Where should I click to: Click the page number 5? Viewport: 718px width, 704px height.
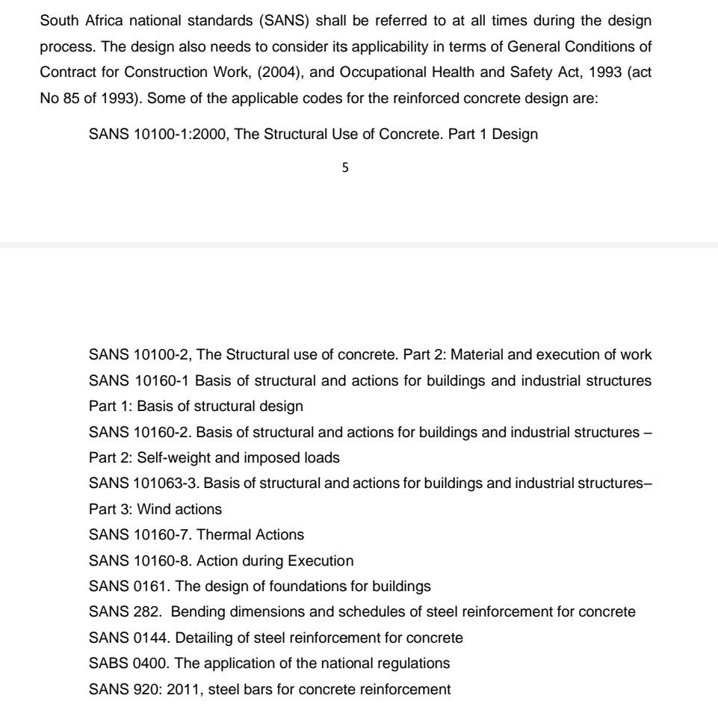(x=344, y=168)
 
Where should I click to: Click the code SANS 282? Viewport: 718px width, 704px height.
(x=119, y=611)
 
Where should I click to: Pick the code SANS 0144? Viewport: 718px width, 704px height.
(x=123, y=637)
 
